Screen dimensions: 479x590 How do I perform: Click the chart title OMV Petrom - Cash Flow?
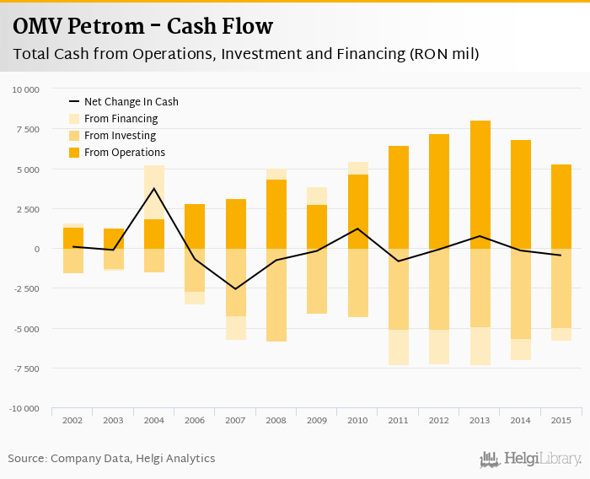coord(143,26)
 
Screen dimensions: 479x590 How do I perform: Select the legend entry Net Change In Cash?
coord(131,102)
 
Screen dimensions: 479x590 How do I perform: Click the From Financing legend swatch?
coord(73,119)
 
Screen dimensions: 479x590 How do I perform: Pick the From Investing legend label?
coord(120,136)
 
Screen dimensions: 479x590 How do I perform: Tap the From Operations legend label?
coord(125,153)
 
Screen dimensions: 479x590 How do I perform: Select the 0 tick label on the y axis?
coord(36,249)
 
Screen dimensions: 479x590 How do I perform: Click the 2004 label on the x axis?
coord(154,419)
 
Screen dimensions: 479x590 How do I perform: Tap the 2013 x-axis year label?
coord(480,419)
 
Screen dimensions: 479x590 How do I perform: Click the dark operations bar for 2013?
coord(480,185)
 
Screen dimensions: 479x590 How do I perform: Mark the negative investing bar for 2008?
coord(276,294)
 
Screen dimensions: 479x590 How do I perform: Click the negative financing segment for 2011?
coord(399,347)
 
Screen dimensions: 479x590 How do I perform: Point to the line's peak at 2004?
coord(154,188)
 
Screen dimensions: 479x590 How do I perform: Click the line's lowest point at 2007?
coord(236,289)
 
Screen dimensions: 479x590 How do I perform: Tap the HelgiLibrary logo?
coord(530,459)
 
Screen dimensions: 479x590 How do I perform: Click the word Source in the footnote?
coord(27,459)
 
